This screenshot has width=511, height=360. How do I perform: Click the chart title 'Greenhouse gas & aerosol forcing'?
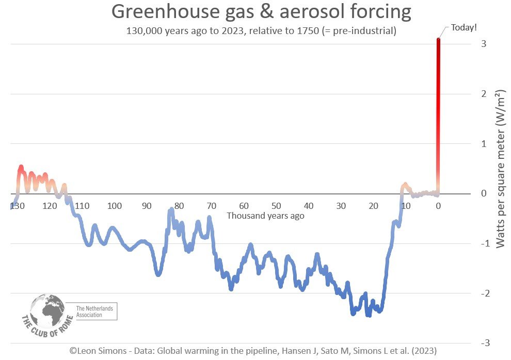pyautogui.click(x=261, y=11)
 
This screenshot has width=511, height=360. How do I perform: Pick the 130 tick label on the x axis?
pyautogui.click(x=17, y=206)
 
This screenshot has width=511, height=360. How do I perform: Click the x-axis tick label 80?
pyautogui.click(x=179, y=206)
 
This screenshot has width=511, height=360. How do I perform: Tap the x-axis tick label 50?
pyautogui.click(x=276, y=206)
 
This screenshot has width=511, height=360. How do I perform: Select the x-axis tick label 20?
pyautogui.click(x=373, y=206)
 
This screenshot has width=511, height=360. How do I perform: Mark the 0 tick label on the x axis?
pyautogui.click(x=438, y=206)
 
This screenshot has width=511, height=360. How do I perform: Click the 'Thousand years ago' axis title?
pyautogui.click(x=265, y=216)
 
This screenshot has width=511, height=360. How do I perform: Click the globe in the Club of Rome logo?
pyautogui.click(x=47, y=311)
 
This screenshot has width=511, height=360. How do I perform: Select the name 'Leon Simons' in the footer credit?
pyautogui.click(x=99, y=350)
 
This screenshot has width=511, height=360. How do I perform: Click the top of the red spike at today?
pyautogui.click(x=438, y=40)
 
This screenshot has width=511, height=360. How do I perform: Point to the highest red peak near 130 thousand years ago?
pyautogui.click(x=21, y=168)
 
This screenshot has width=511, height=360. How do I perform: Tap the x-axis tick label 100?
pyautogui.click(x=115, y=206)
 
